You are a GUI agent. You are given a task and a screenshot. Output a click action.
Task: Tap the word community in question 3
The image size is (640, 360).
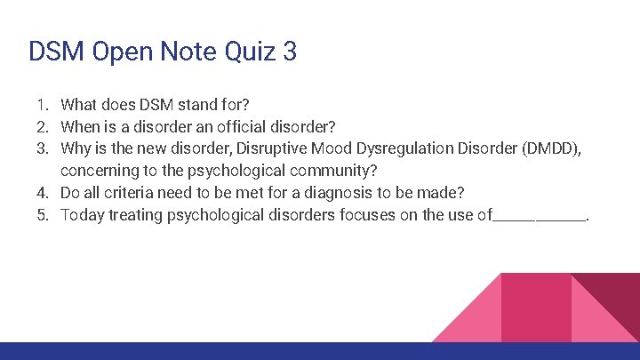point(340,171)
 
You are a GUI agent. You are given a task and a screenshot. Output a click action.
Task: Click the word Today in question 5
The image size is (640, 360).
point(82,215)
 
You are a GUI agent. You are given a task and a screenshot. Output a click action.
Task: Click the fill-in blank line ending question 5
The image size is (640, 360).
point(540,219)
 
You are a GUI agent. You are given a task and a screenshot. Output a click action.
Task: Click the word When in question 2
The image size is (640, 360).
point(81,125)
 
